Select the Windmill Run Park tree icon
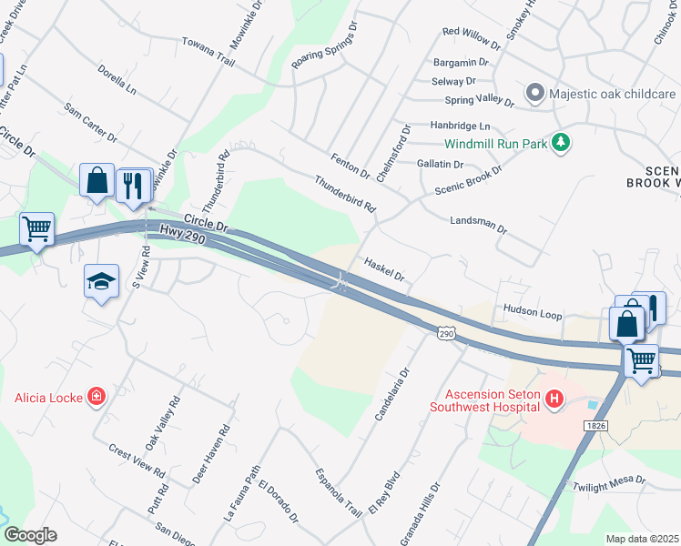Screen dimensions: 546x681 click(562, 143)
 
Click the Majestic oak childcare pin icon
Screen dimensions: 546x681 click(535, 94)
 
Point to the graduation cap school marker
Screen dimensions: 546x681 click(101, 280)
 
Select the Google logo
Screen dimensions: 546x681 click(29, 535)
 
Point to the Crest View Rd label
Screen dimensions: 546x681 click(137, 462)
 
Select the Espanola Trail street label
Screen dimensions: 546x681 click(339, 491)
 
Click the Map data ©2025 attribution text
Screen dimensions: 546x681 click(642, 539)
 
